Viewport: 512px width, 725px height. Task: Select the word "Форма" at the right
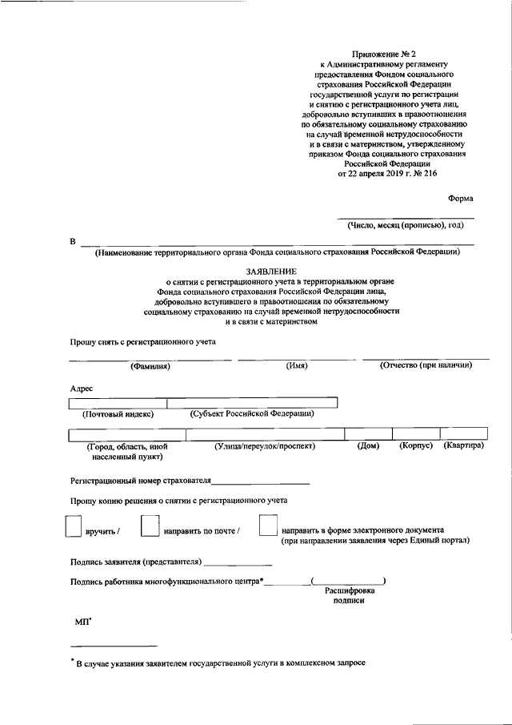459,198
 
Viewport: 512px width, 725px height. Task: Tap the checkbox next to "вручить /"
73,526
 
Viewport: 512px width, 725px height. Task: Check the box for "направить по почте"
149,526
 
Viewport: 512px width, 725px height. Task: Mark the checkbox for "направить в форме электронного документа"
269,526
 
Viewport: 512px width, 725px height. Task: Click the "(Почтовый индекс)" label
118,414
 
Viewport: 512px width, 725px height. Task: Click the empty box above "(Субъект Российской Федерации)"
251,403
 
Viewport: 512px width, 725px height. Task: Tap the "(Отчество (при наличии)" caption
426,365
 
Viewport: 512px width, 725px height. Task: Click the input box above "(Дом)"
367,434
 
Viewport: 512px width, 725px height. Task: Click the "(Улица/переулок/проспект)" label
265,445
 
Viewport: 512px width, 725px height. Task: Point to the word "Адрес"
82,388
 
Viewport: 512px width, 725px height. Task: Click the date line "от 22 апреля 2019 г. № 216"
388,172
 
